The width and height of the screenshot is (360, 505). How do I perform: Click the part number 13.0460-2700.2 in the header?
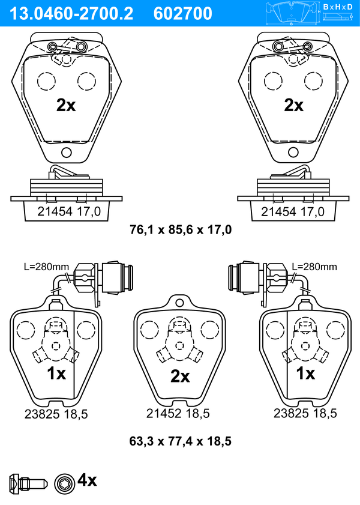(x=71, y=14)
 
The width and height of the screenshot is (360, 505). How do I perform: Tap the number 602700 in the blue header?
(x=183, y=14)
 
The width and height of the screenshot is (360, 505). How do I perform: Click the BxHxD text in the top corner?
(x=338, y=7)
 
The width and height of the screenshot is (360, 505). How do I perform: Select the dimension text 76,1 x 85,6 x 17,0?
(x=181, y=229)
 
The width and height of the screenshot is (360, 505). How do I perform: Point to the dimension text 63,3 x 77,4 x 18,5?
(x=180, y=441)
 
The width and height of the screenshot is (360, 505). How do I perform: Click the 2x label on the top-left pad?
(x=66, y=105)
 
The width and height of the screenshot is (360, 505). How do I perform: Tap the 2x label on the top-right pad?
(x=293, y=105)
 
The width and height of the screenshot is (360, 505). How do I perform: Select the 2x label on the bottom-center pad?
(x=180, y=376)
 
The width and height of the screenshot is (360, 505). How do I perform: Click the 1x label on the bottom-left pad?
(x=56, y=373)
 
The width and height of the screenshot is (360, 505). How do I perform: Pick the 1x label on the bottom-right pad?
(x=305, y=373)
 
